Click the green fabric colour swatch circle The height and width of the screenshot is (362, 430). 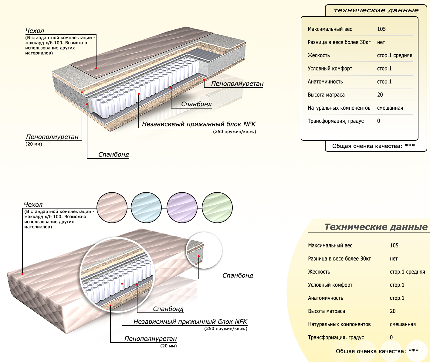pyautogui.click(x=217, y=208)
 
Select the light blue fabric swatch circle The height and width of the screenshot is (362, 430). pyautogui.click(x=146, y=208)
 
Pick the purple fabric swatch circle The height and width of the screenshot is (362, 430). pyautogui.click(x=182, y=208)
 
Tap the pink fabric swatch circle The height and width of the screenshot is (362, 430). pyautogui.click(x=112, y=208)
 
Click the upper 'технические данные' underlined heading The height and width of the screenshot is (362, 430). pyautogui.click(x=376, y=10)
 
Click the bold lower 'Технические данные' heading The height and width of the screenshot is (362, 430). pyautogui.click(x=376, y=227)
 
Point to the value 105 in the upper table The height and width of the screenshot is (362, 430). pyautogui.click(x=381, y=29)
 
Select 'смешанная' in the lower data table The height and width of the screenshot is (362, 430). pyautogui.click(x=403, y=324)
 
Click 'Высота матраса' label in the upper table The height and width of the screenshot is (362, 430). pyautogui.click(x=326, y=95)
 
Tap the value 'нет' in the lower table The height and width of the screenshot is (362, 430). pyautogui.click(x=394, y=259)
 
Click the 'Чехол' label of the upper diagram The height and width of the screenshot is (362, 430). pyautogui.click(x=35, y=31)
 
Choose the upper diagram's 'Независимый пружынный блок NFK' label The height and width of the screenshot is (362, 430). pyautogui.click(x=199, y=124)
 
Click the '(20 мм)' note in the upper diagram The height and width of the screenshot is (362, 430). pyautogui.click(x=34, y=144)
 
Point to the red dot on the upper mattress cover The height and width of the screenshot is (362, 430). pyautogui.click(x=96, y=68)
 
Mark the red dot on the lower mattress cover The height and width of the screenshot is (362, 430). pyautogui.click(x=22, y=274)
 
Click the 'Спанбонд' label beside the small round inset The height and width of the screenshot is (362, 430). pyautogui.click(x=238, y=275)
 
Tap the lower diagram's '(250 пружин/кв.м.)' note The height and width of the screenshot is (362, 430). pyautogui.click(x=226, y=328)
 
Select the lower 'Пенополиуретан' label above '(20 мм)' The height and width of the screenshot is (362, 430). pyautogui.click(x=151, y=339)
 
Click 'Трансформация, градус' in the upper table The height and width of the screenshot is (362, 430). pyautogui.click(x=336, y=121)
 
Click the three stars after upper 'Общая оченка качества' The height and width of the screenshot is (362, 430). pyautogui.click(x=410, y=145)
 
